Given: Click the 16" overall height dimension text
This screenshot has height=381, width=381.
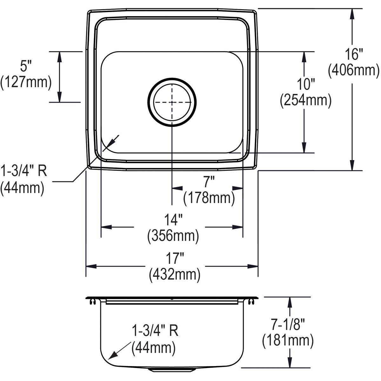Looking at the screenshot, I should pyautogui.click(x=353, y=55).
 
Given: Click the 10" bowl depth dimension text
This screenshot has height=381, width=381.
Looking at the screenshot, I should pyautogui.click(x=305, y=84).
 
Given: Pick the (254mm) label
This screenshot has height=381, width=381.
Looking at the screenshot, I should pyautogui.click(x=305, y=100).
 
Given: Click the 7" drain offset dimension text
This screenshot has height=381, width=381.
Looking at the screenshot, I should pyautogui.click(x=208, y=183).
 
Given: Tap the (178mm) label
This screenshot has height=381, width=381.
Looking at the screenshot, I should pyautogui.click(x=209, y=198).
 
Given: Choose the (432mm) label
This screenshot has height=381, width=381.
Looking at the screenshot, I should pyautogui.click(x=174, y=274).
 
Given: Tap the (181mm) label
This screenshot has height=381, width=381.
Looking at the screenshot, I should pyautogui.click(x=288, y=341).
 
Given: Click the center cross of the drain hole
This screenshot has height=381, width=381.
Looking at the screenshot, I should pyautogui.click(x=172, y=102).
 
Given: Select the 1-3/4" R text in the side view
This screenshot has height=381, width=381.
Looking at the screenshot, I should pyautogui.click(x=155, y=331).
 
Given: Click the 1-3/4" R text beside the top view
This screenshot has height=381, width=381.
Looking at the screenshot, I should pyautogui.click(x=24, y=172).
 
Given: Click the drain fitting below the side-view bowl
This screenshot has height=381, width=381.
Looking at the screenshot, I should pyautogui.click(x=172, y=370).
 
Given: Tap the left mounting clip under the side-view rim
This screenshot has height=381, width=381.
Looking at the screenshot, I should pyautogui.click(x=93, y=302).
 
